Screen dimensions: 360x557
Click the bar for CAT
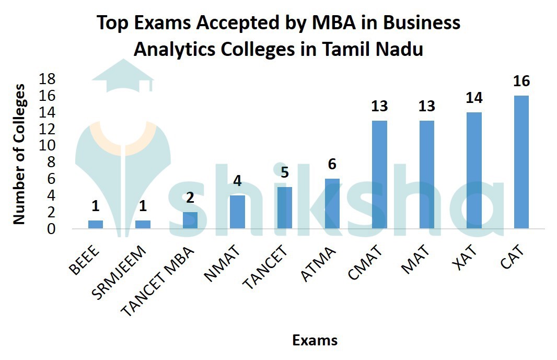pos(521,162)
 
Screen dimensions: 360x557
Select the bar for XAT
pos(474,170)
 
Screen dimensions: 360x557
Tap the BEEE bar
pos(96,224)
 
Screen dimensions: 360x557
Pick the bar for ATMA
pos(332,203)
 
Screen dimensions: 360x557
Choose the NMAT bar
pos(238,212)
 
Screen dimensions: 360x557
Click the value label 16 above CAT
pos(521,82)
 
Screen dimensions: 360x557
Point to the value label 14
pos(474,98)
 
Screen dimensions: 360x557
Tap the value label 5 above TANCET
pos(285,173)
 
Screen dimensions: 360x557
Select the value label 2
pos(190,198)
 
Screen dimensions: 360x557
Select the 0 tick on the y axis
pos(51,229)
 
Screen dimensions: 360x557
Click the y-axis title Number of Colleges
pos(19,154)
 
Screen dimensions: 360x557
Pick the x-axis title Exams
pos(315,341)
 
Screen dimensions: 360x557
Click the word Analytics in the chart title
pos(175,50)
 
